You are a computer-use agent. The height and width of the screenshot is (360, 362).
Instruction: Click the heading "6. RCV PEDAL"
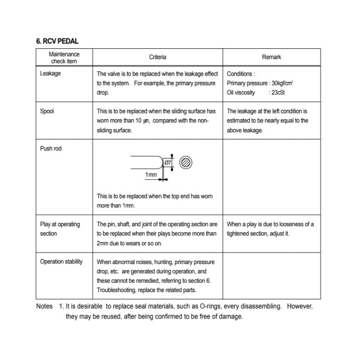58,41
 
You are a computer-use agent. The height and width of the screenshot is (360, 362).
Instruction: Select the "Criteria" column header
157,57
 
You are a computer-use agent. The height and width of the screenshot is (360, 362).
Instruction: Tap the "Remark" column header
272,57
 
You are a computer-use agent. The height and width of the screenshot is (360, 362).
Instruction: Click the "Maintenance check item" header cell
64,58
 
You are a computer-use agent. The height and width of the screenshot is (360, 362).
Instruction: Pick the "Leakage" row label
50,74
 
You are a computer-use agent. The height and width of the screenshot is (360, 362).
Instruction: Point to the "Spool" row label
47,111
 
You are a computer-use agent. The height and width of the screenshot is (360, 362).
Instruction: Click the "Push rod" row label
51,148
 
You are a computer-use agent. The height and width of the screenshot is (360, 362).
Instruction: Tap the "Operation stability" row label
61,261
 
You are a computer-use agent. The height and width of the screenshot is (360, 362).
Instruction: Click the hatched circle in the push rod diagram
186,162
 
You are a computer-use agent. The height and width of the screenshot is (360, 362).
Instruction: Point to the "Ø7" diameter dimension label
168,162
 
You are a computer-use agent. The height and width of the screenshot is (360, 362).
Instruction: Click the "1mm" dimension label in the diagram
151,175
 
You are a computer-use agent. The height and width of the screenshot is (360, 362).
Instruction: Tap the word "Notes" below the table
44,306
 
